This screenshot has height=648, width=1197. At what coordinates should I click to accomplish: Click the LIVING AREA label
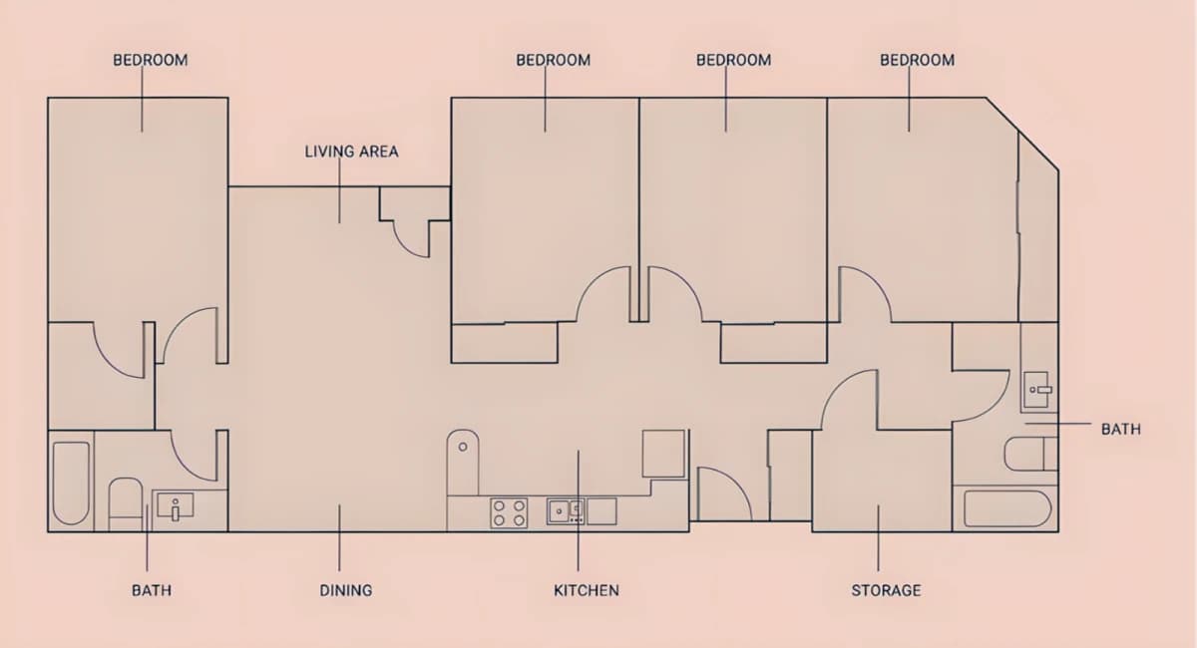(x=351, y=152)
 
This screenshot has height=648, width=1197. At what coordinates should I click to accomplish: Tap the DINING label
(x=346, y=590)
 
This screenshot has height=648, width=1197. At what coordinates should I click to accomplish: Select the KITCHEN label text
(x=587, y=590)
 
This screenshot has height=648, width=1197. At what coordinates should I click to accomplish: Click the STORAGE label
(x=886, y=590)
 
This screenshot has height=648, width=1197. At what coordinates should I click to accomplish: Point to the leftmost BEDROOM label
(x=151, y=60)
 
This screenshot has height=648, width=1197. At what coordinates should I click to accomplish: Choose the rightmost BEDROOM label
(x=917, y=60)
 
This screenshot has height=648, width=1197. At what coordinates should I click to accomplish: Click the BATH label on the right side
(x=1121, y=429)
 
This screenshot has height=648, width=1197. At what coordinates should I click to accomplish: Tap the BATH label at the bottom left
(x=152, y=590)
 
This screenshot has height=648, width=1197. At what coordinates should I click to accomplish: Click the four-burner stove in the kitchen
(x=509, y=512)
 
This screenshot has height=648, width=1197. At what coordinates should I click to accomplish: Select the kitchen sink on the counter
(x=565, y=511)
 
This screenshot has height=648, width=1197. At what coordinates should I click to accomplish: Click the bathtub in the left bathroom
(x=71, y=483)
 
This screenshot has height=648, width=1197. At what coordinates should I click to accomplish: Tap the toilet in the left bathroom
(x=126, y=504)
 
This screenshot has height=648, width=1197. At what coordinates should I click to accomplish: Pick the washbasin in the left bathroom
(x=176, y=505)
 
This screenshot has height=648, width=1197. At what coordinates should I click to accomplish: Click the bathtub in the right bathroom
(x=1007, y=508)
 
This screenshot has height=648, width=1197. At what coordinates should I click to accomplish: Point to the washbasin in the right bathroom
(x=1037, y=390)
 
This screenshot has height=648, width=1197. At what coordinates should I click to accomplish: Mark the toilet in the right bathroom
(x=1031, y=454)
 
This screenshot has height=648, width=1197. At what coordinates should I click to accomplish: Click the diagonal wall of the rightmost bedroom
(x=1022, y=135)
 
